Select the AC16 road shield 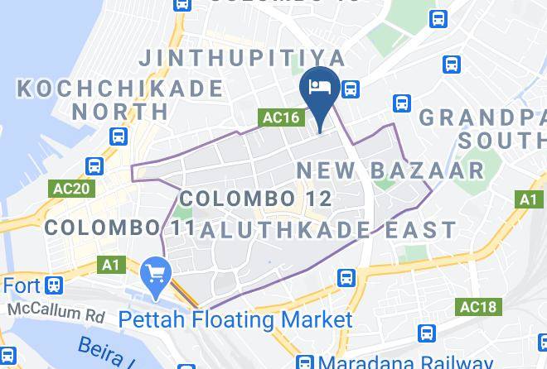tap(280, 117)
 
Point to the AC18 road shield tap(477, 308)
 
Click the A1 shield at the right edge tap(528, 199)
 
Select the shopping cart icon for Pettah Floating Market tap(155, 272)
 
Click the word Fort tap(21, 286)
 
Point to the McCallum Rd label tap(56, 311)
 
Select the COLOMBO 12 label tap(255, 199)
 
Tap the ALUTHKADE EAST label tap(328, 229)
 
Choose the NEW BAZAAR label tap(390, 171)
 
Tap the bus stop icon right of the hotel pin tap(351, 89)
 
